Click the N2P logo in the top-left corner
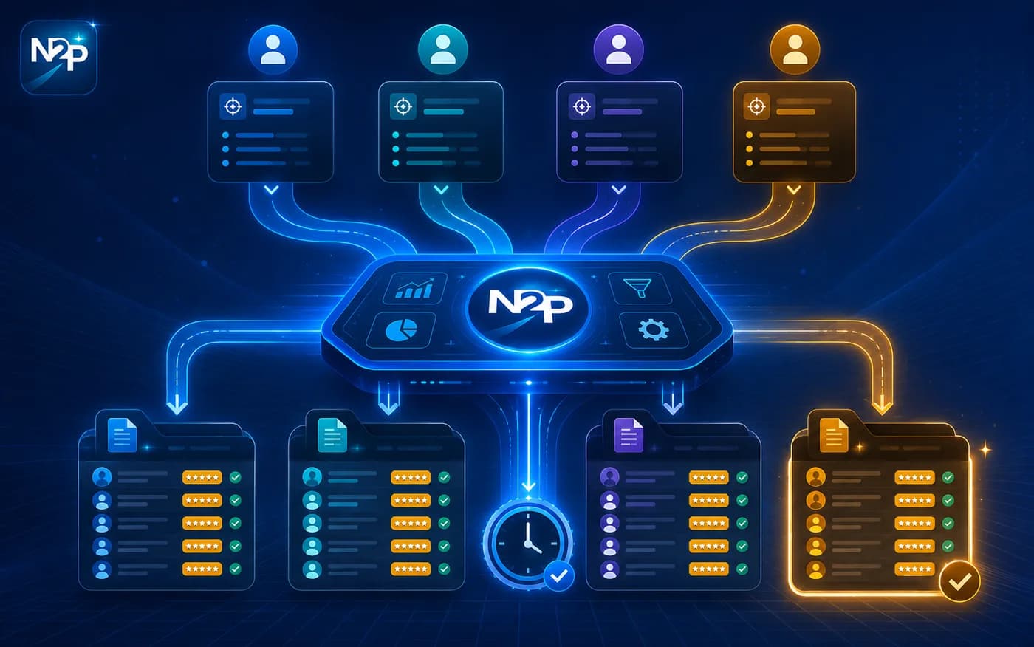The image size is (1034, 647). point(59,57)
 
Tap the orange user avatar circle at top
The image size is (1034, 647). point(795,49)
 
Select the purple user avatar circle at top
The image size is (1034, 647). point(619,49)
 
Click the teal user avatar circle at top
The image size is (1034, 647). point(442,49)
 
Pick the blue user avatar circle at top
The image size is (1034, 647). point(273,49)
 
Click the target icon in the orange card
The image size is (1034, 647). point(756,106)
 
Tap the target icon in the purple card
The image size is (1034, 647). point(582,106)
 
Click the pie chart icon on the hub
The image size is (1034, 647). point(400,329)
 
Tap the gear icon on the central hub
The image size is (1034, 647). point(653,329)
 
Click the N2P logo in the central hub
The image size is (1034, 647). point(529,308)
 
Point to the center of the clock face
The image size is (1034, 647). point(528,544)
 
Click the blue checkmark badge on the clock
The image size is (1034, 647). point(559,575)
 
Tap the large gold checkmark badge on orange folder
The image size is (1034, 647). point(959,581)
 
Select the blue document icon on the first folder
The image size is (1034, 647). point(123,435)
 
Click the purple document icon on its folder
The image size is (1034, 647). point(629,435)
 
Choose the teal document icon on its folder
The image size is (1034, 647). point(332,435)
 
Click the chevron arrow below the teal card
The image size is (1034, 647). point(442,190)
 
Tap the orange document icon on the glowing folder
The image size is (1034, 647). point(834,435)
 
